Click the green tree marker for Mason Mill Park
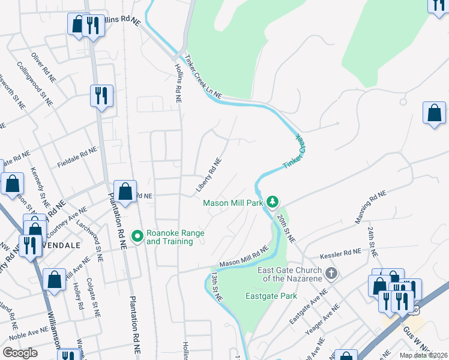[x=273, y=203]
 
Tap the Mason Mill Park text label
[x=234, y=203]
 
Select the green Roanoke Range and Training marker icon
[x=137, y=236]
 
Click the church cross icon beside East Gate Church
[x=331, y=274]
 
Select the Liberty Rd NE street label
[x=209, y=175]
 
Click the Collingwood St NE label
[x=35, y=83]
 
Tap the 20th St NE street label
[x=287, y=228]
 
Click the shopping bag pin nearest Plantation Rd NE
[x=125, y=192]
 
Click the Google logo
[x=20, y=353]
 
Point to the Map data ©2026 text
[x=423, y=355]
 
